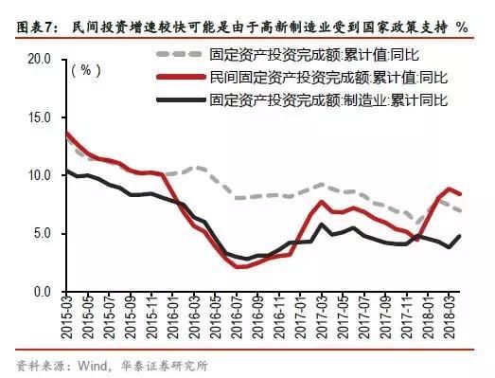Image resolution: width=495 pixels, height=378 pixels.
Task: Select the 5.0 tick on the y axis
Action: click(42, 234)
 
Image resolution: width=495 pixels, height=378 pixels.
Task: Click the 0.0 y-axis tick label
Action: click(42, 292)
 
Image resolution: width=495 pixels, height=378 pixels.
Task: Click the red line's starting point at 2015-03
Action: click(64, 133)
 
